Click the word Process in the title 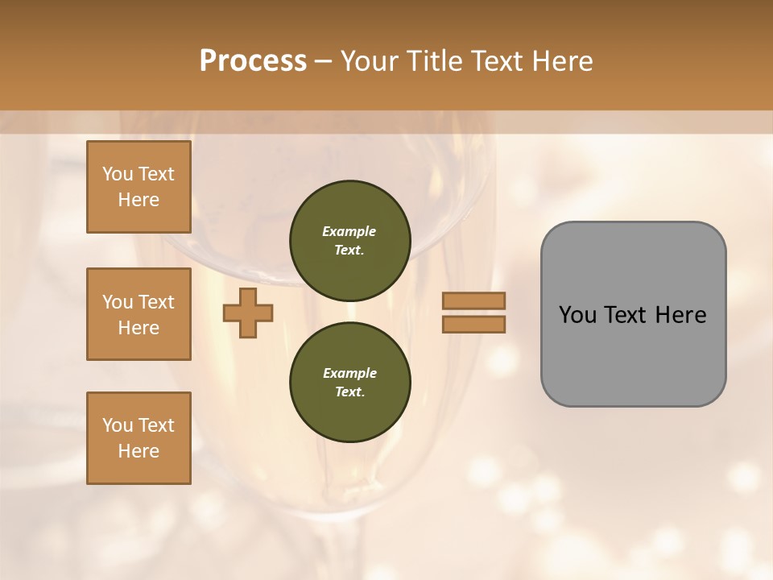pyautogui.click(x=253, y=61)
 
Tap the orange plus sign pyautogui.click(x=248, y=313)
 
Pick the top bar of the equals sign pyautogui.click(x=473, y=300)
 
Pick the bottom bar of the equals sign pyautogui.click(x=473, y=324)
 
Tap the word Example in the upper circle pyautogui.click(x=349, y=231)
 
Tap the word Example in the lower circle pyautogui.click(x=349, y=373)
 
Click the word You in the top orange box pyautogui.click(x=118, y=174)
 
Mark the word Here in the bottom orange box pyautogui.click(x=138, y=451)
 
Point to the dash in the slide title pyautogui.click(x=324, y=61)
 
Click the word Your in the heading pyautogui.click(x=370, y=61)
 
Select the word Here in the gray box pyautogui.click(x=680, y=315)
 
